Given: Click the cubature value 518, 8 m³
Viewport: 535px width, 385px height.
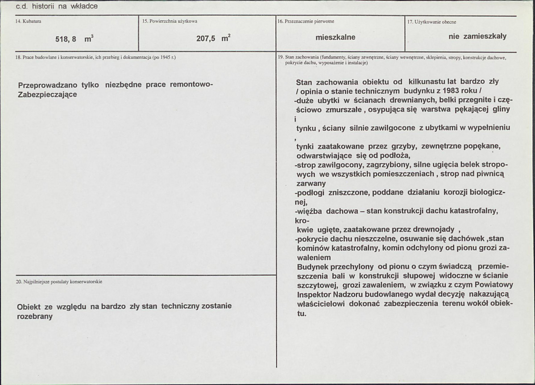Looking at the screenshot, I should (74, 39).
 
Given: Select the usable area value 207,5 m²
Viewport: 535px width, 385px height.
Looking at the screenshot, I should (213, 39).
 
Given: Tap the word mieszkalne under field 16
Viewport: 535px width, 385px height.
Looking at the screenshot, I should (336, 37).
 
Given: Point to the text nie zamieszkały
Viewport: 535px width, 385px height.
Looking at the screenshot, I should (477, 37).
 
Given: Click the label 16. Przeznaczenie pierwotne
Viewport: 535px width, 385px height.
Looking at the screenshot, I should (306, 21).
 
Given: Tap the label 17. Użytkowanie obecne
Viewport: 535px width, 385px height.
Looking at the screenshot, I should (431, 22).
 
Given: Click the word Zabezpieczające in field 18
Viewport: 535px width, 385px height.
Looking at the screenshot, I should (47, 95).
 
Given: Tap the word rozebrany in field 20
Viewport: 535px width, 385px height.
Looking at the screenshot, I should (35, 316).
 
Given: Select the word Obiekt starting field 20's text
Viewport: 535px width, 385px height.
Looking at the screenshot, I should (29, 307).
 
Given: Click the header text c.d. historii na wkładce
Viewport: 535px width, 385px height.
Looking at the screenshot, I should (57, 6).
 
